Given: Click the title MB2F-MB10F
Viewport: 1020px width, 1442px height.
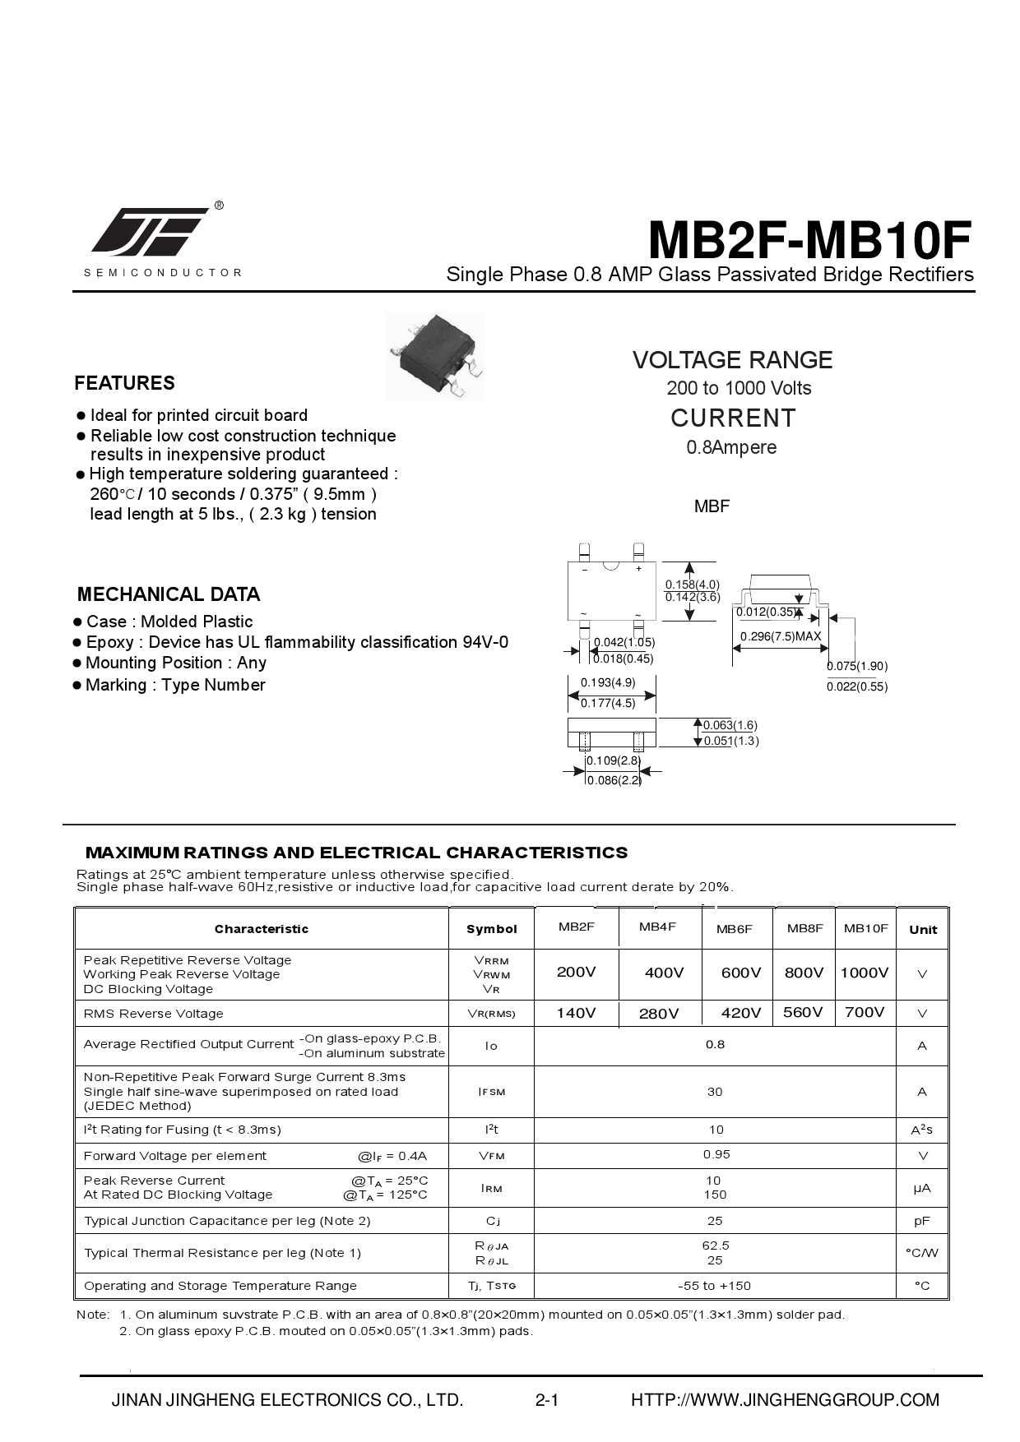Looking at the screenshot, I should click(809, 241).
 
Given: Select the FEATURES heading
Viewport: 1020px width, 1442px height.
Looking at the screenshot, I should click(124, 383).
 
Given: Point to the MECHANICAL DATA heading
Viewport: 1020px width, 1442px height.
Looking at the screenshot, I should click(169, 594).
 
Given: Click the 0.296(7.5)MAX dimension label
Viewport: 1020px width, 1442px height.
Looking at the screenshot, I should click(781, 636).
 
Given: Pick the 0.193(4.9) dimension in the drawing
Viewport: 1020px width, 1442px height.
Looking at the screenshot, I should click(608, 682).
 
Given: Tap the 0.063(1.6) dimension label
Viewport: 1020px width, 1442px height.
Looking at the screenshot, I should click(730, 725).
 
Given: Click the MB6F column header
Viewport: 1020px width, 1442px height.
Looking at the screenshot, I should click(735, 929).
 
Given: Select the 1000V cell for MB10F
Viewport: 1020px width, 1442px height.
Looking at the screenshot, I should click(865, 973).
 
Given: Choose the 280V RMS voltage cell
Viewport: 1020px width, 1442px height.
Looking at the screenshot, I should click(659, 1014).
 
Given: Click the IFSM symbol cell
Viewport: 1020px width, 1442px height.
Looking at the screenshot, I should click(491, 1092).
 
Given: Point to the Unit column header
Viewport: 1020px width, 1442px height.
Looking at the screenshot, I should click(923, 930).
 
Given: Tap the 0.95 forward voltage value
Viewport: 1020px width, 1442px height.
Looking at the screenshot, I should click(716, 1155).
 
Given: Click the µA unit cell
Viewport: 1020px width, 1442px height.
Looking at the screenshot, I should click(922, 1188).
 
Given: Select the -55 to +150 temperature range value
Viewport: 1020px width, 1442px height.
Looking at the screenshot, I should click(714, 1286).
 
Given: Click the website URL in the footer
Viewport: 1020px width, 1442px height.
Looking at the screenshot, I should click(785, 1400).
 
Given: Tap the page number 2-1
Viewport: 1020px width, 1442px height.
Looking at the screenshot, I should click(547, 1400).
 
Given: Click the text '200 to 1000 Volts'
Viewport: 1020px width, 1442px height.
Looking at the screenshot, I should click(739, 388).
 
